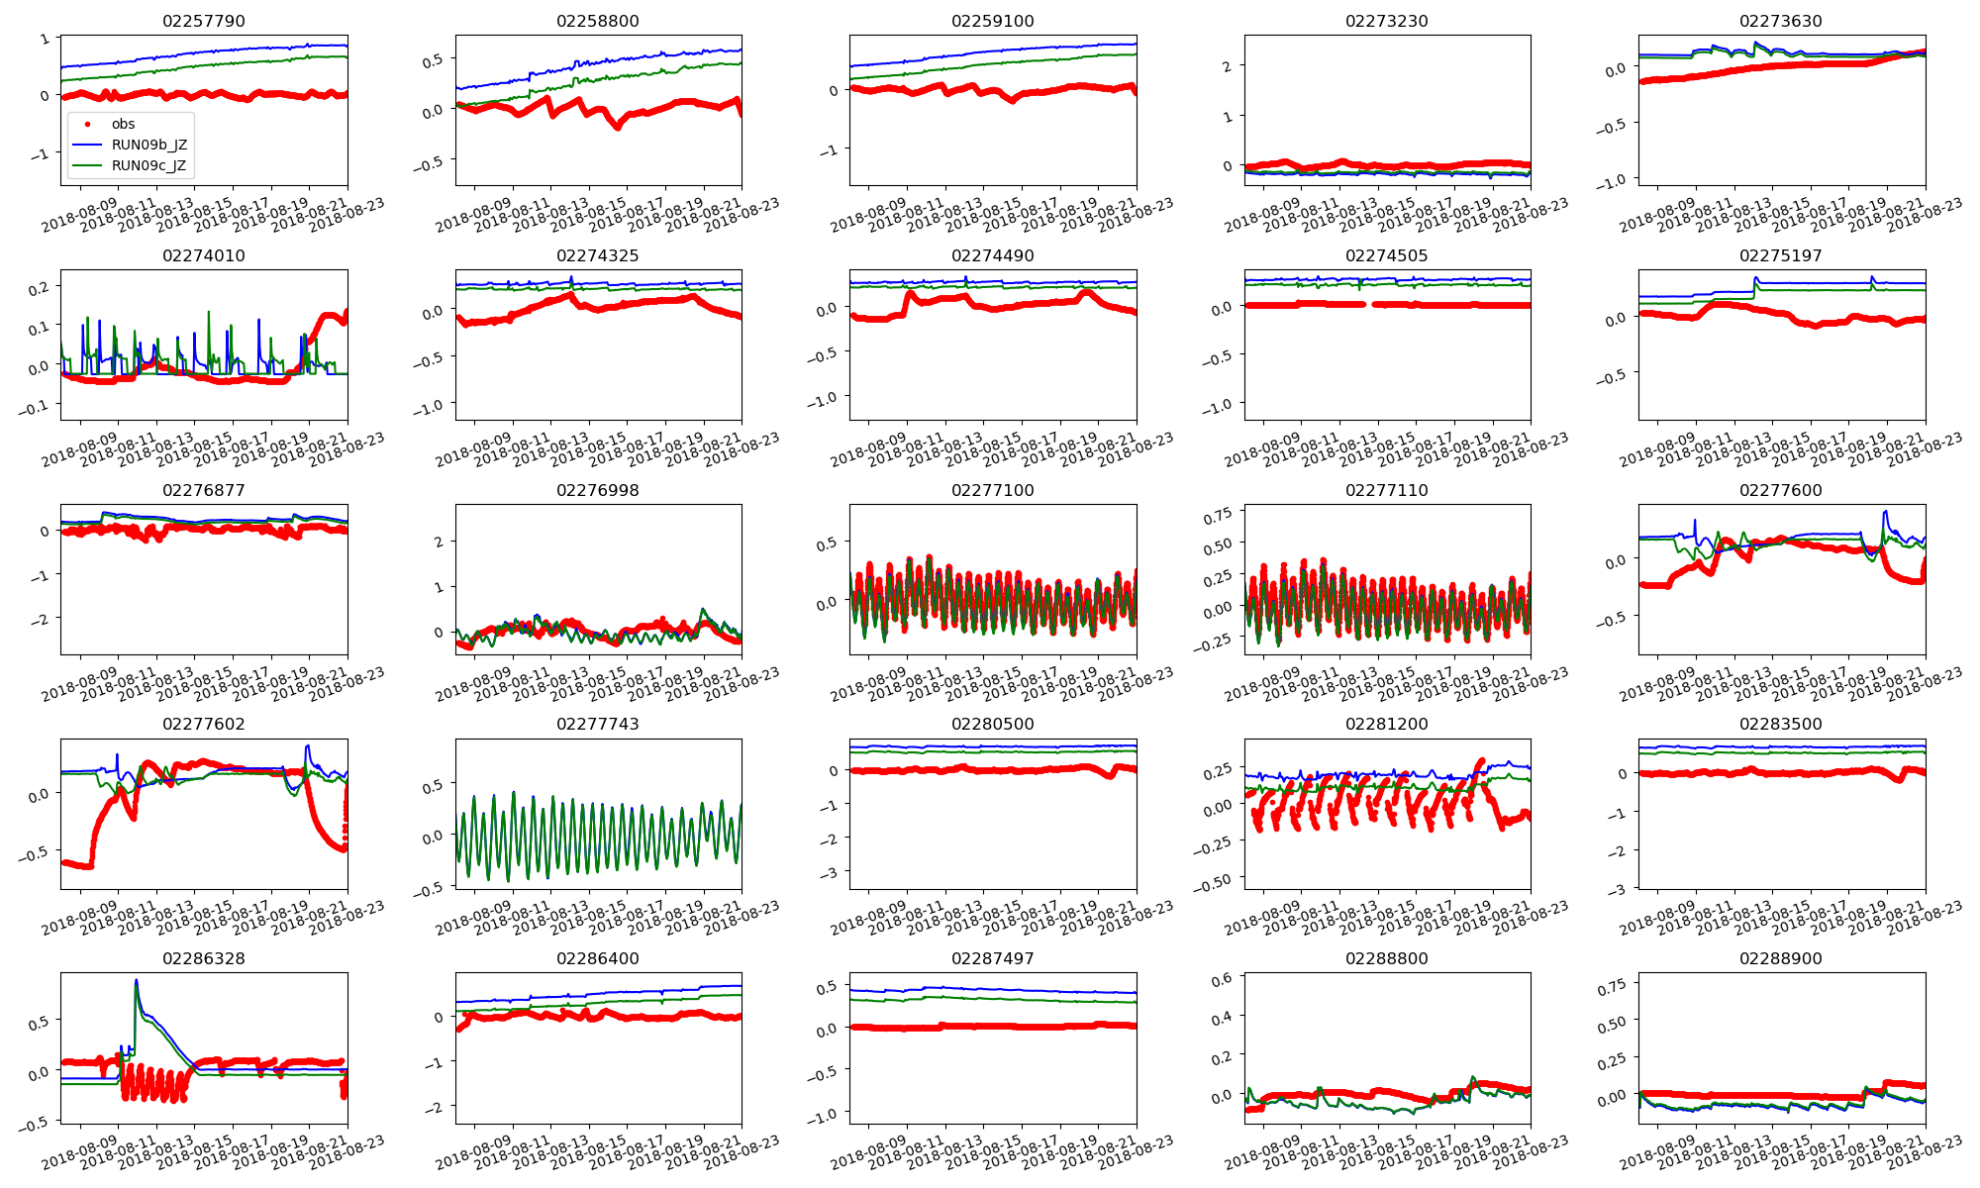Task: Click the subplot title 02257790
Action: click(x=203, y=21)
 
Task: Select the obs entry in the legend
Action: click(x=123, y=124)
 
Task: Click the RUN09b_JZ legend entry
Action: click(x=148, y=145)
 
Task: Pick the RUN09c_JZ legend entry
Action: click(x=148, y=165)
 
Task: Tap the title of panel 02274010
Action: click(x=203, y=255)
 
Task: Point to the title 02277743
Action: click(x=597, y=724)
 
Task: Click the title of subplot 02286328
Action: click(x=203, y=958)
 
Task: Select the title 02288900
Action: click(x=1780, y=958)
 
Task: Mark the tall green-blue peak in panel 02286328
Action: click(x=136, y=981)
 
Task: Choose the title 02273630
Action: click(x=1780, y=21)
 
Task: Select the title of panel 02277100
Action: click(x=992, y=490)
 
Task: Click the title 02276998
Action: click(x=597, y=490)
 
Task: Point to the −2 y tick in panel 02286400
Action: click(x=435, y=1107)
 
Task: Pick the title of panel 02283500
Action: click(x=1780, y=724)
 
